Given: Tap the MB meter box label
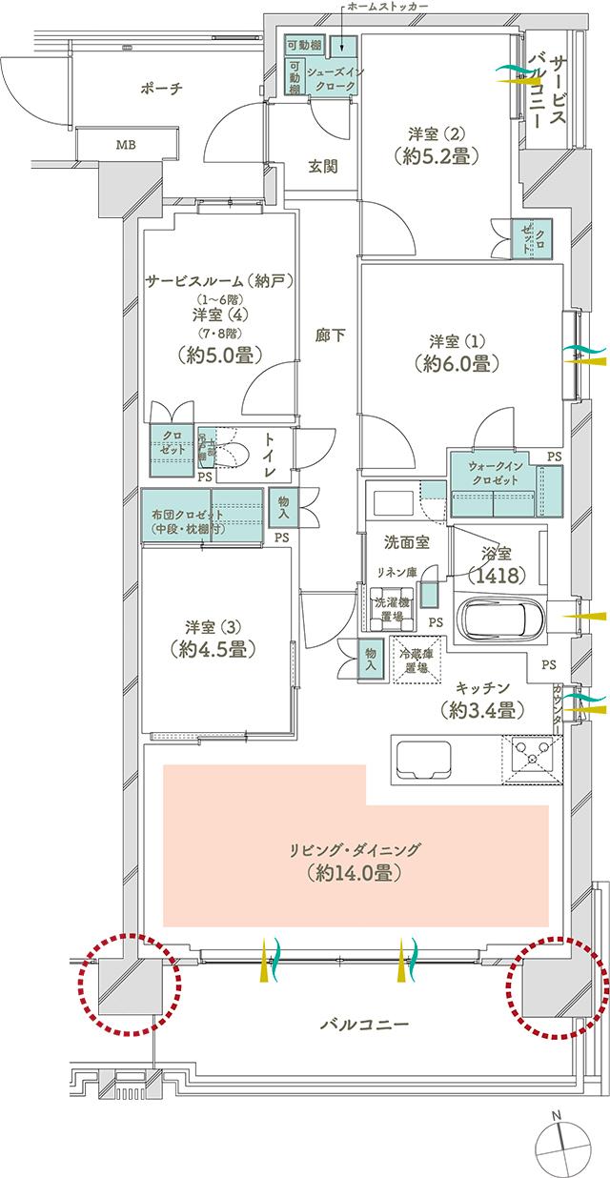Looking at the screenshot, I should pyautogui.click(x=125, y=146).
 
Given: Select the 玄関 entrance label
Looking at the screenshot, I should pyautogui.click(x=323, y=166).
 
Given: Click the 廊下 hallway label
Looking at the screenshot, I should pyautogui.click(x=329, y=335).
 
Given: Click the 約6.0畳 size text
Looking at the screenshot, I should pyautogui.click(x=452, y=363).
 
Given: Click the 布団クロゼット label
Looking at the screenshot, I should pyautogui.click(x=188, y=521).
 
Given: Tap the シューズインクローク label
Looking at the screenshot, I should pyautogui.click(x=333, y=79).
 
